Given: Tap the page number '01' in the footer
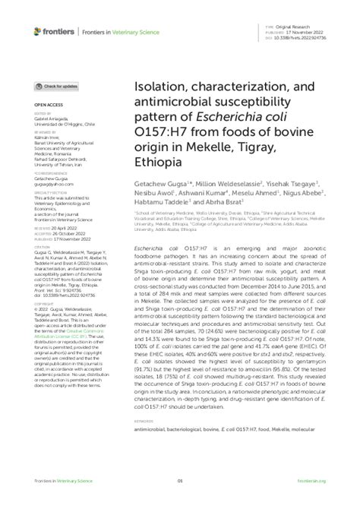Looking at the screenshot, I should click(180, 481).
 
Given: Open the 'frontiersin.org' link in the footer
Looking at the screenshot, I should click(312, 481).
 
